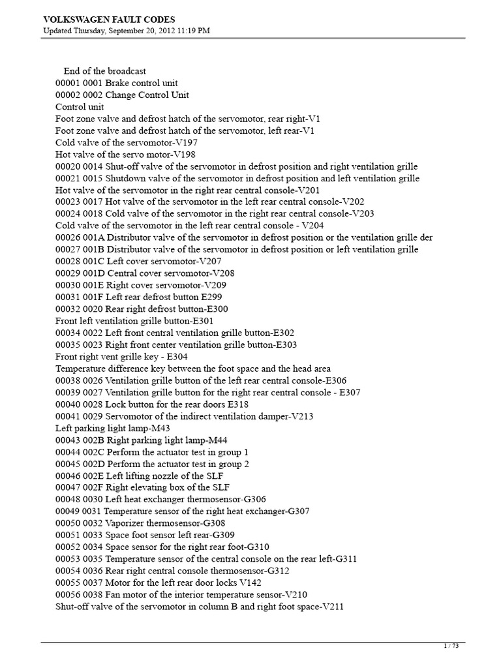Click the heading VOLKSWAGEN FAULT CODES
coord(109,20)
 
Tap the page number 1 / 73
coord(451,646)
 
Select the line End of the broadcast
coord(104,71)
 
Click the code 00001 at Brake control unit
coord(67,83)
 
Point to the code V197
coord(185,142)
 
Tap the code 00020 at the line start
coord(67,166)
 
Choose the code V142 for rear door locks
coord(250,582)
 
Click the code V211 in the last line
coord(332,606)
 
